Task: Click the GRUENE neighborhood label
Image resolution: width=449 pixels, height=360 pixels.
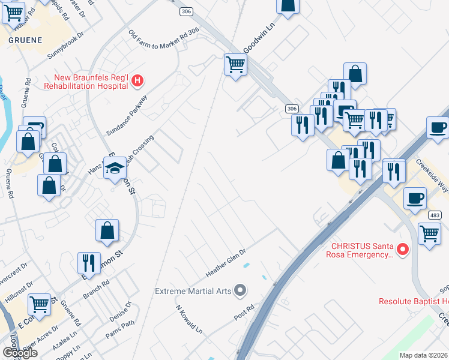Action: click(25, 40)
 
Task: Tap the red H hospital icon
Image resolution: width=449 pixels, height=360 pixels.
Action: click(137, 80)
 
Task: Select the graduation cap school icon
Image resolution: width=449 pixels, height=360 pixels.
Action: click(114, 169)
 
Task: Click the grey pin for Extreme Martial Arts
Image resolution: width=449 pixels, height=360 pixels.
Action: click(241, 291)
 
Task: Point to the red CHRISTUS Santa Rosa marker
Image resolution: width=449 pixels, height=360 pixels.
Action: click(403, 248)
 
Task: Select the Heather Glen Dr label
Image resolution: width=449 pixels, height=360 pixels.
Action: click(226, 263)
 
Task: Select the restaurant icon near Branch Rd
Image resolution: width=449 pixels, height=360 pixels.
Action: click(88, 262)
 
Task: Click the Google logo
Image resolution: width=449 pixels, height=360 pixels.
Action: click(20, 353)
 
